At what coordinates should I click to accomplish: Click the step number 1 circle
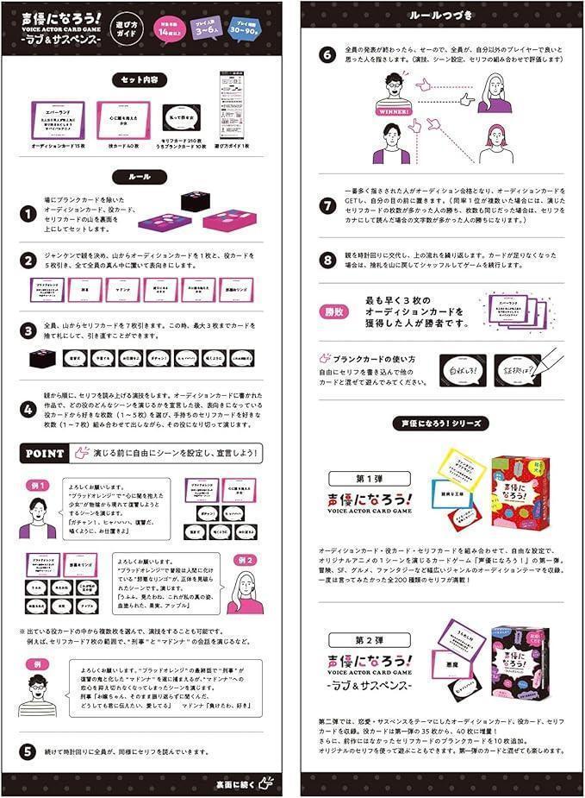coord(29,213)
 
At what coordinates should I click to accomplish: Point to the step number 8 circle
coord(327,258)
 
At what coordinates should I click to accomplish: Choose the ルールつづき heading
coord(441,17)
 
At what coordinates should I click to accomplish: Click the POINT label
coord(44,452)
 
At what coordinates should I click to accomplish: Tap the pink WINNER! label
coord(392,112)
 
